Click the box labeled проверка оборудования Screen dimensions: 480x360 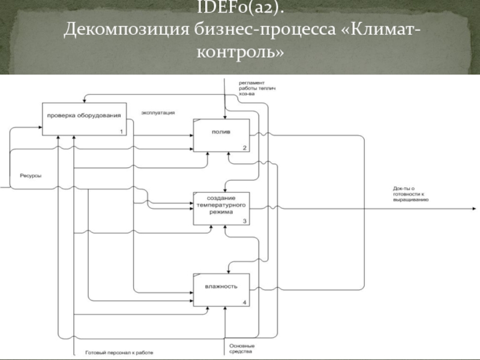point(83,118)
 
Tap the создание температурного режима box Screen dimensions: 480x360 point(221,208)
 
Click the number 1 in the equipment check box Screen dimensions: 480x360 point(121,131)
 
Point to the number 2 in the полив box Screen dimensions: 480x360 point(244,148)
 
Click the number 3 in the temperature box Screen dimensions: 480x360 point(244,221)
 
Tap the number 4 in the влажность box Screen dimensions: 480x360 point(244,302)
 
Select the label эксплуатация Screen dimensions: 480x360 point(158,112)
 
